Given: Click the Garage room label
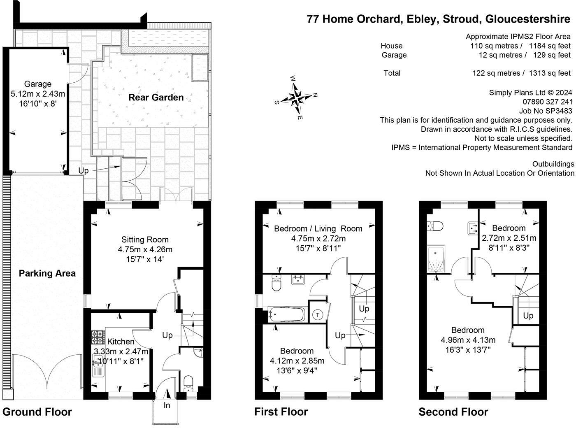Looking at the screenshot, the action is click(x=38, y=84).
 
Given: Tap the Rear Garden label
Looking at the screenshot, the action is click(x=156, y=98).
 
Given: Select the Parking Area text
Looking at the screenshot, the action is click(x=47, y=273).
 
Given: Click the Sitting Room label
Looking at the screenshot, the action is click(x=145, y=240).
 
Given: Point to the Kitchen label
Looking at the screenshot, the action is click(x=121, y=341).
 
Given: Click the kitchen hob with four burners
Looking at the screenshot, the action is click(x=98, y=337).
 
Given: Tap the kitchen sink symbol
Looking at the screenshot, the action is click(x=98, y=366).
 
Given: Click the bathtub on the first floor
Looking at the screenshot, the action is click(x=286, y=314).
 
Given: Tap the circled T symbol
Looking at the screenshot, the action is click(x=317, y=315).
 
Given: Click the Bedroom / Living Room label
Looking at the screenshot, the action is click(x=318, y=228).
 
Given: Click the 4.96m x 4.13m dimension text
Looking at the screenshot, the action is click(x=468, y=340).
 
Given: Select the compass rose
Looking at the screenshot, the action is click(x=296, y=98).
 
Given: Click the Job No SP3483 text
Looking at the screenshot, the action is click(x=546, y=111).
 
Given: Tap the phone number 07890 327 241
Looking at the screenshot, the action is click(x=548, y=102).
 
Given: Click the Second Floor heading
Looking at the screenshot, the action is click(x=453, y=412).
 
